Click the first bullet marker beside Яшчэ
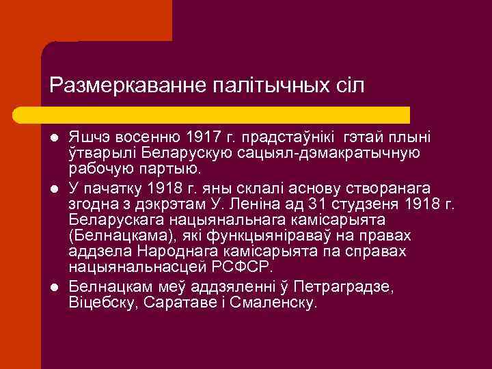[x=55, y=137]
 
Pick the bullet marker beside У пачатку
[x=55, y=188]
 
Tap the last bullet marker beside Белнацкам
[x=55, y=288]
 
